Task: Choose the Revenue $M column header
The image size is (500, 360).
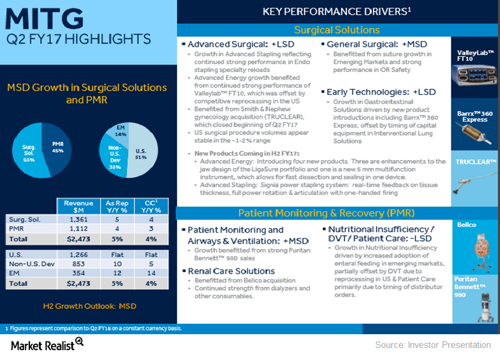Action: (78, 207)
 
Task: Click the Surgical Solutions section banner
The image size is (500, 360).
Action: (337, 30)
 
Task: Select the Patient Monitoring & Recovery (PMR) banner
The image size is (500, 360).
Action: (327, 213)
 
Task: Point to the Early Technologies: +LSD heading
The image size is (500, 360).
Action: (381, 92)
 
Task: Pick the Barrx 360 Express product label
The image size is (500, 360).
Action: (475, 116)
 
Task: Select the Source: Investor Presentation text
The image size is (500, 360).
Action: (433, 344)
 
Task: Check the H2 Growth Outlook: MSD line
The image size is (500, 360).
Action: (89, 306)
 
